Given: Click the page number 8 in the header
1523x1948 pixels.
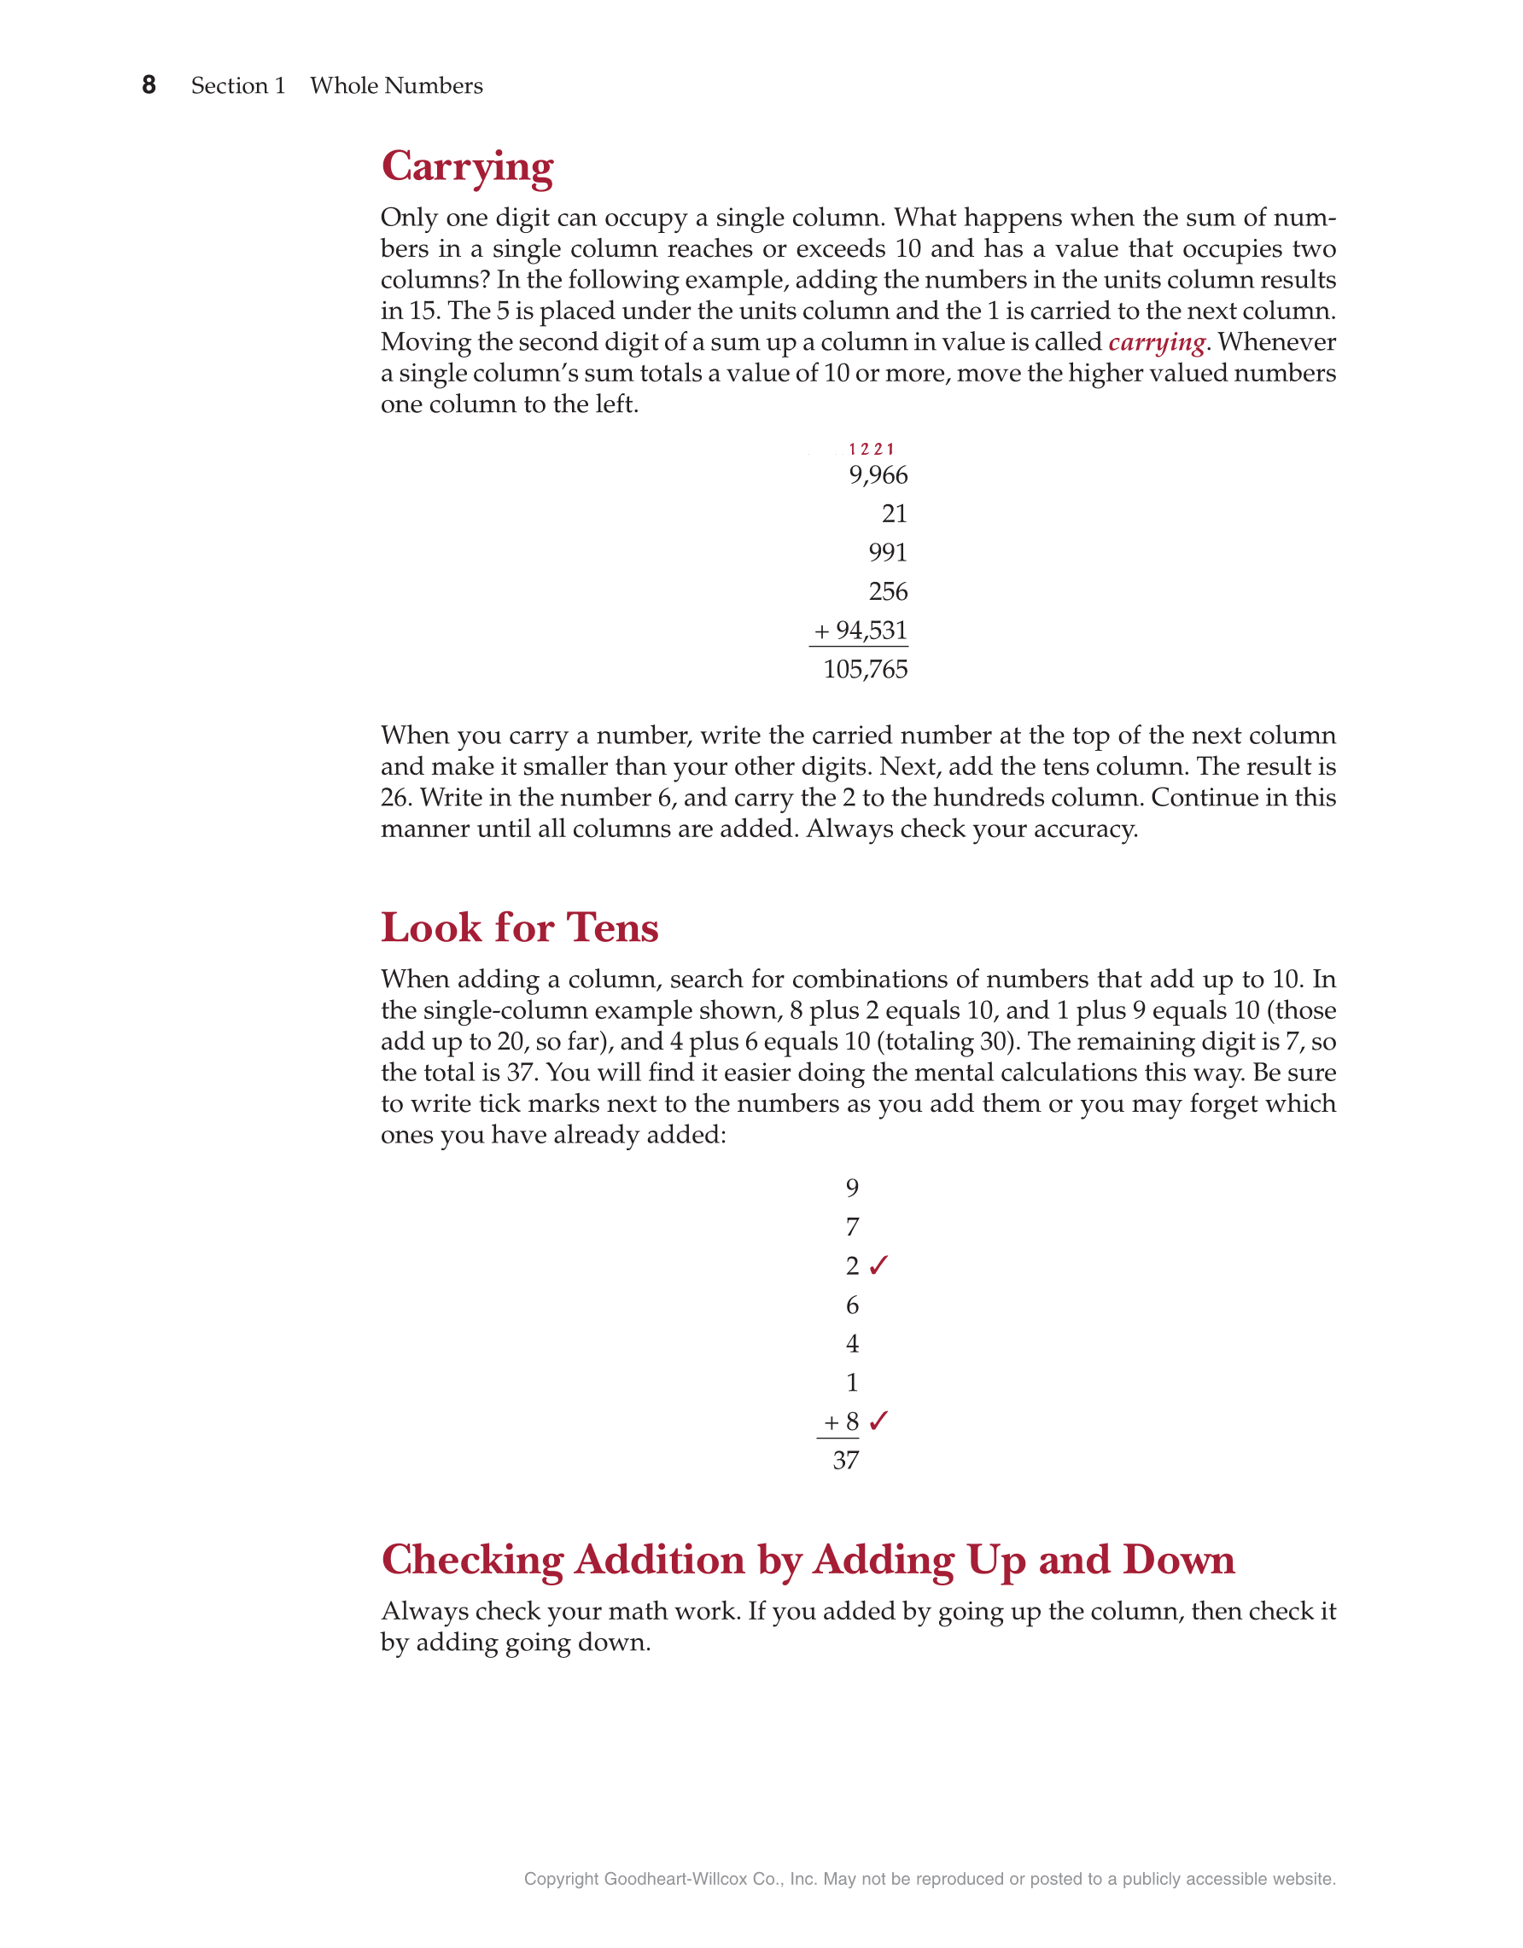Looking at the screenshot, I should pyautogui.click(x=149, y=84).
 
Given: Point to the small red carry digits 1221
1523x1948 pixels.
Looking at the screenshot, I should pyautogui.click(x=871, y=450).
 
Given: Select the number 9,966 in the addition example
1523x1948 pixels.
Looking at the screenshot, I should pyautogui.click(x=878, y=475).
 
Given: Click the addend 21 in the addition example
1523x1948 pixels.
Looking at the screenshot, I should pyautogui.click(x=894, y=514).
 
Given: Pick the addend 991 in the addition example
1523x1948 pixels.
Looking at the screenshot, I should pyautogui.click(x=888, y=553).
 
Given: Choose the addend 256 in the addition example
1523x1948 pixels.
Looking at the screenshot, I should pyautogui.click(x=888, y=591).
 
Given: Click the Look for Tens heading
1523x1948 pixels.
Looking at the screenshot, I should pyautogui.click(x=519, y=927).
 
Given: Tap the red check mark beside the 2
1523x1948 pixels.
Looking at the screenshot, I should pyautogui.click(x=878, y=1265).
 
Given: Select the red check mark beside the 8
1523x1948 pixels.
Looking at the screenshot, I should pyautogui.click(x=878, y=1420).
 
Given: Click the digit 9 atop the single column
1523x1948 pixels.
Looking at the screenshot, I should pyautogui.click(x=852, y=1188).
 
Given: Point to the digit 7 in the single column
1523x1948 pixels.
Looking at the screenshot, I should pyautogui.click(x=852, y=1227).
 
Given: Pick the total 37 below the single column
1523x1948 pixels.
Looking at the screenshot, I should pyautogui.click(x=845, y=1460).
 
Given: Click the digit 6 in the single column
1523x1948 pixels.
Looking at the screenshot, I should pyautogui.click(x=852, y=1305).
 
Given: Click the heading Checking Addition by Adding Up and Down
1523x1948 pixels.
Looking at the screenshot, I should pyautogui.click(x=808, y=1560).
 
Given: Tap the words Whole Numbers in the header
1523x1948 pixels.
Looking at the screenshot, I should pyautogui.click(x=396, y=85).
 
